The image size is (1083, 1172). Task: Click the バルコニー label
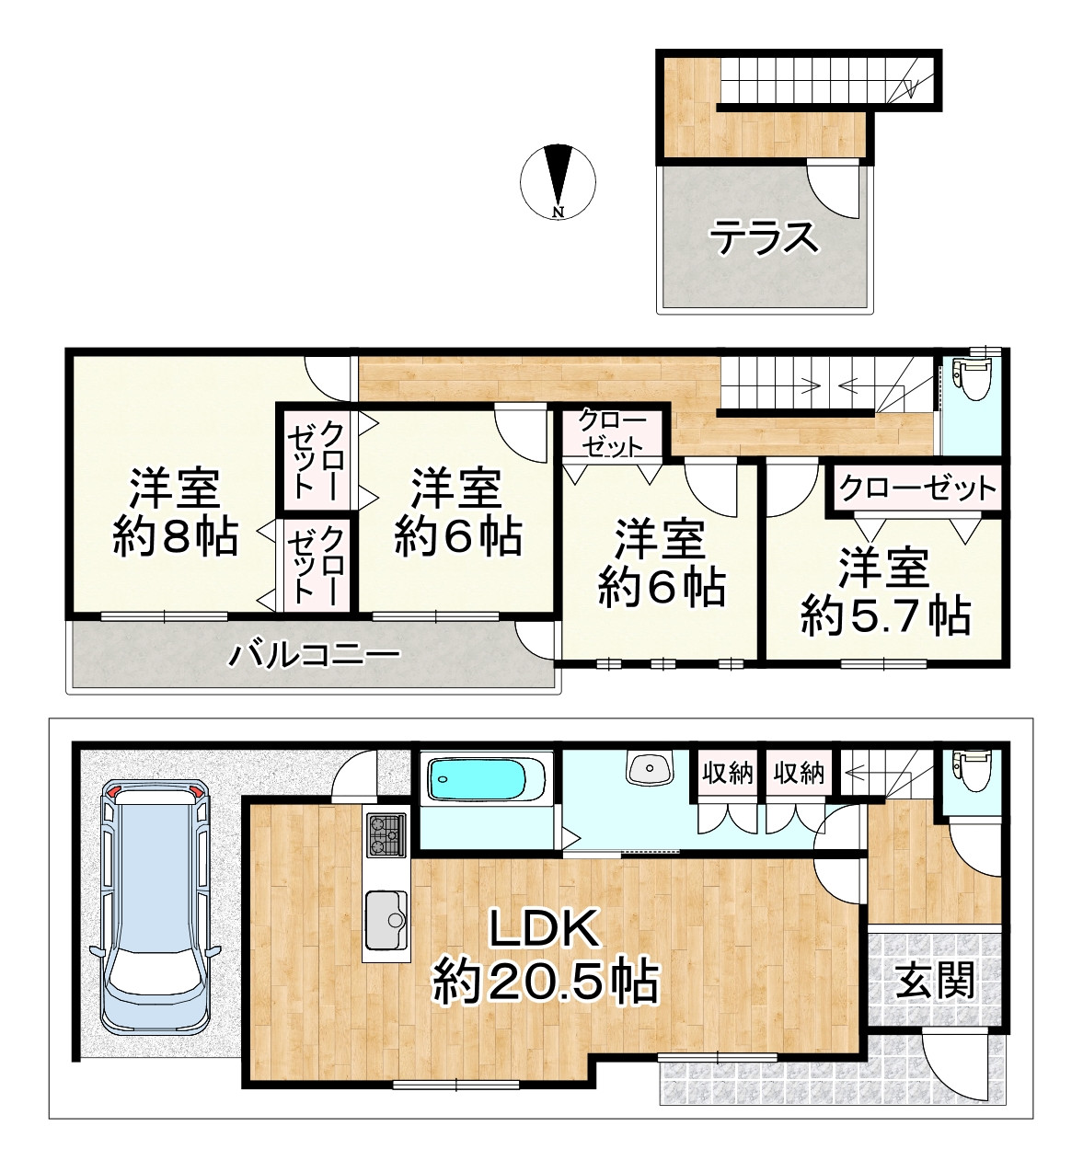316,656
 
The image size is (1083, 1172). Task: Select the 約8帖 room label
175,536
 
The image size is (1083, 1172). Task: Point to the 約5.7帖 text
885,616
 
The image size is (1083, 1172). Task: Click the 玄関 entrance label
935,982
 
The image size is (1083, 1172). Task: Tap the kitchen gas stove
386,835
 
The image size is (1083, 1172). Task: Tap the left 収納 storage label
728,774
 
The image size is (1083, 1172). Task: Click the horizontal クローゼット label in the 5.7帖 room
917,488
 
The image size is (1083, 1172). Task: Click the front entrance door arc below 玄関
957,1065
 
